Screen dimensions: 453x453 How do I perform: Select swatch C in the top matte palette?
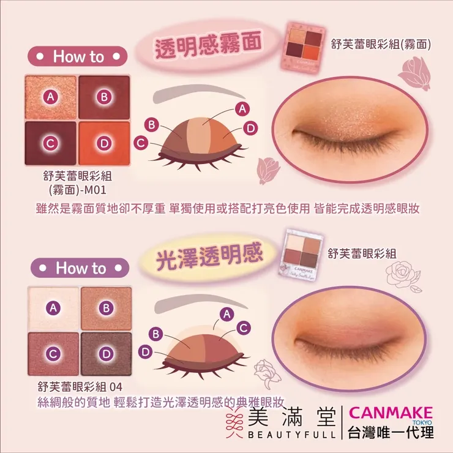pos(51,143)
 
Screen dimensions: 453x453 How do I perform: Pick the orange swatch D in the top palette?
pos(104,143)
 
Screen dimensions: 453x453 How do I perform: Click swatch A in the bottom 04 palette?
pos(54,307)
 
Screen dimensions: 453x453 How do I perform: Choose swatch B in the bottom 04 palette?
pos(106,307)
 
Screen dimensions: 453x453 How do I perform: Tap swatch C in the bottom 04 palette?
pos(54,353)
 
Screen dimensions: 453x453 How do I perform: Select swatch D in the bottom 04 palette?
pos(106,353)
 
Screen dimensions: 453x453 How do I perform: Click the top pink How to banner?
pos(78,56)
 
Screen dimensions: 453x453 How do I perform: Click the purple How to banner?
pos(80,268)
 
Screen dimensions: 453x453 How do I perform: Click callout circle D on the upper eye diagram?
pos(249,128)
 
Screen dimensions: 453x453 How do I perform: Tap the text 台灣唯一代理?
pos(391,432)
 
